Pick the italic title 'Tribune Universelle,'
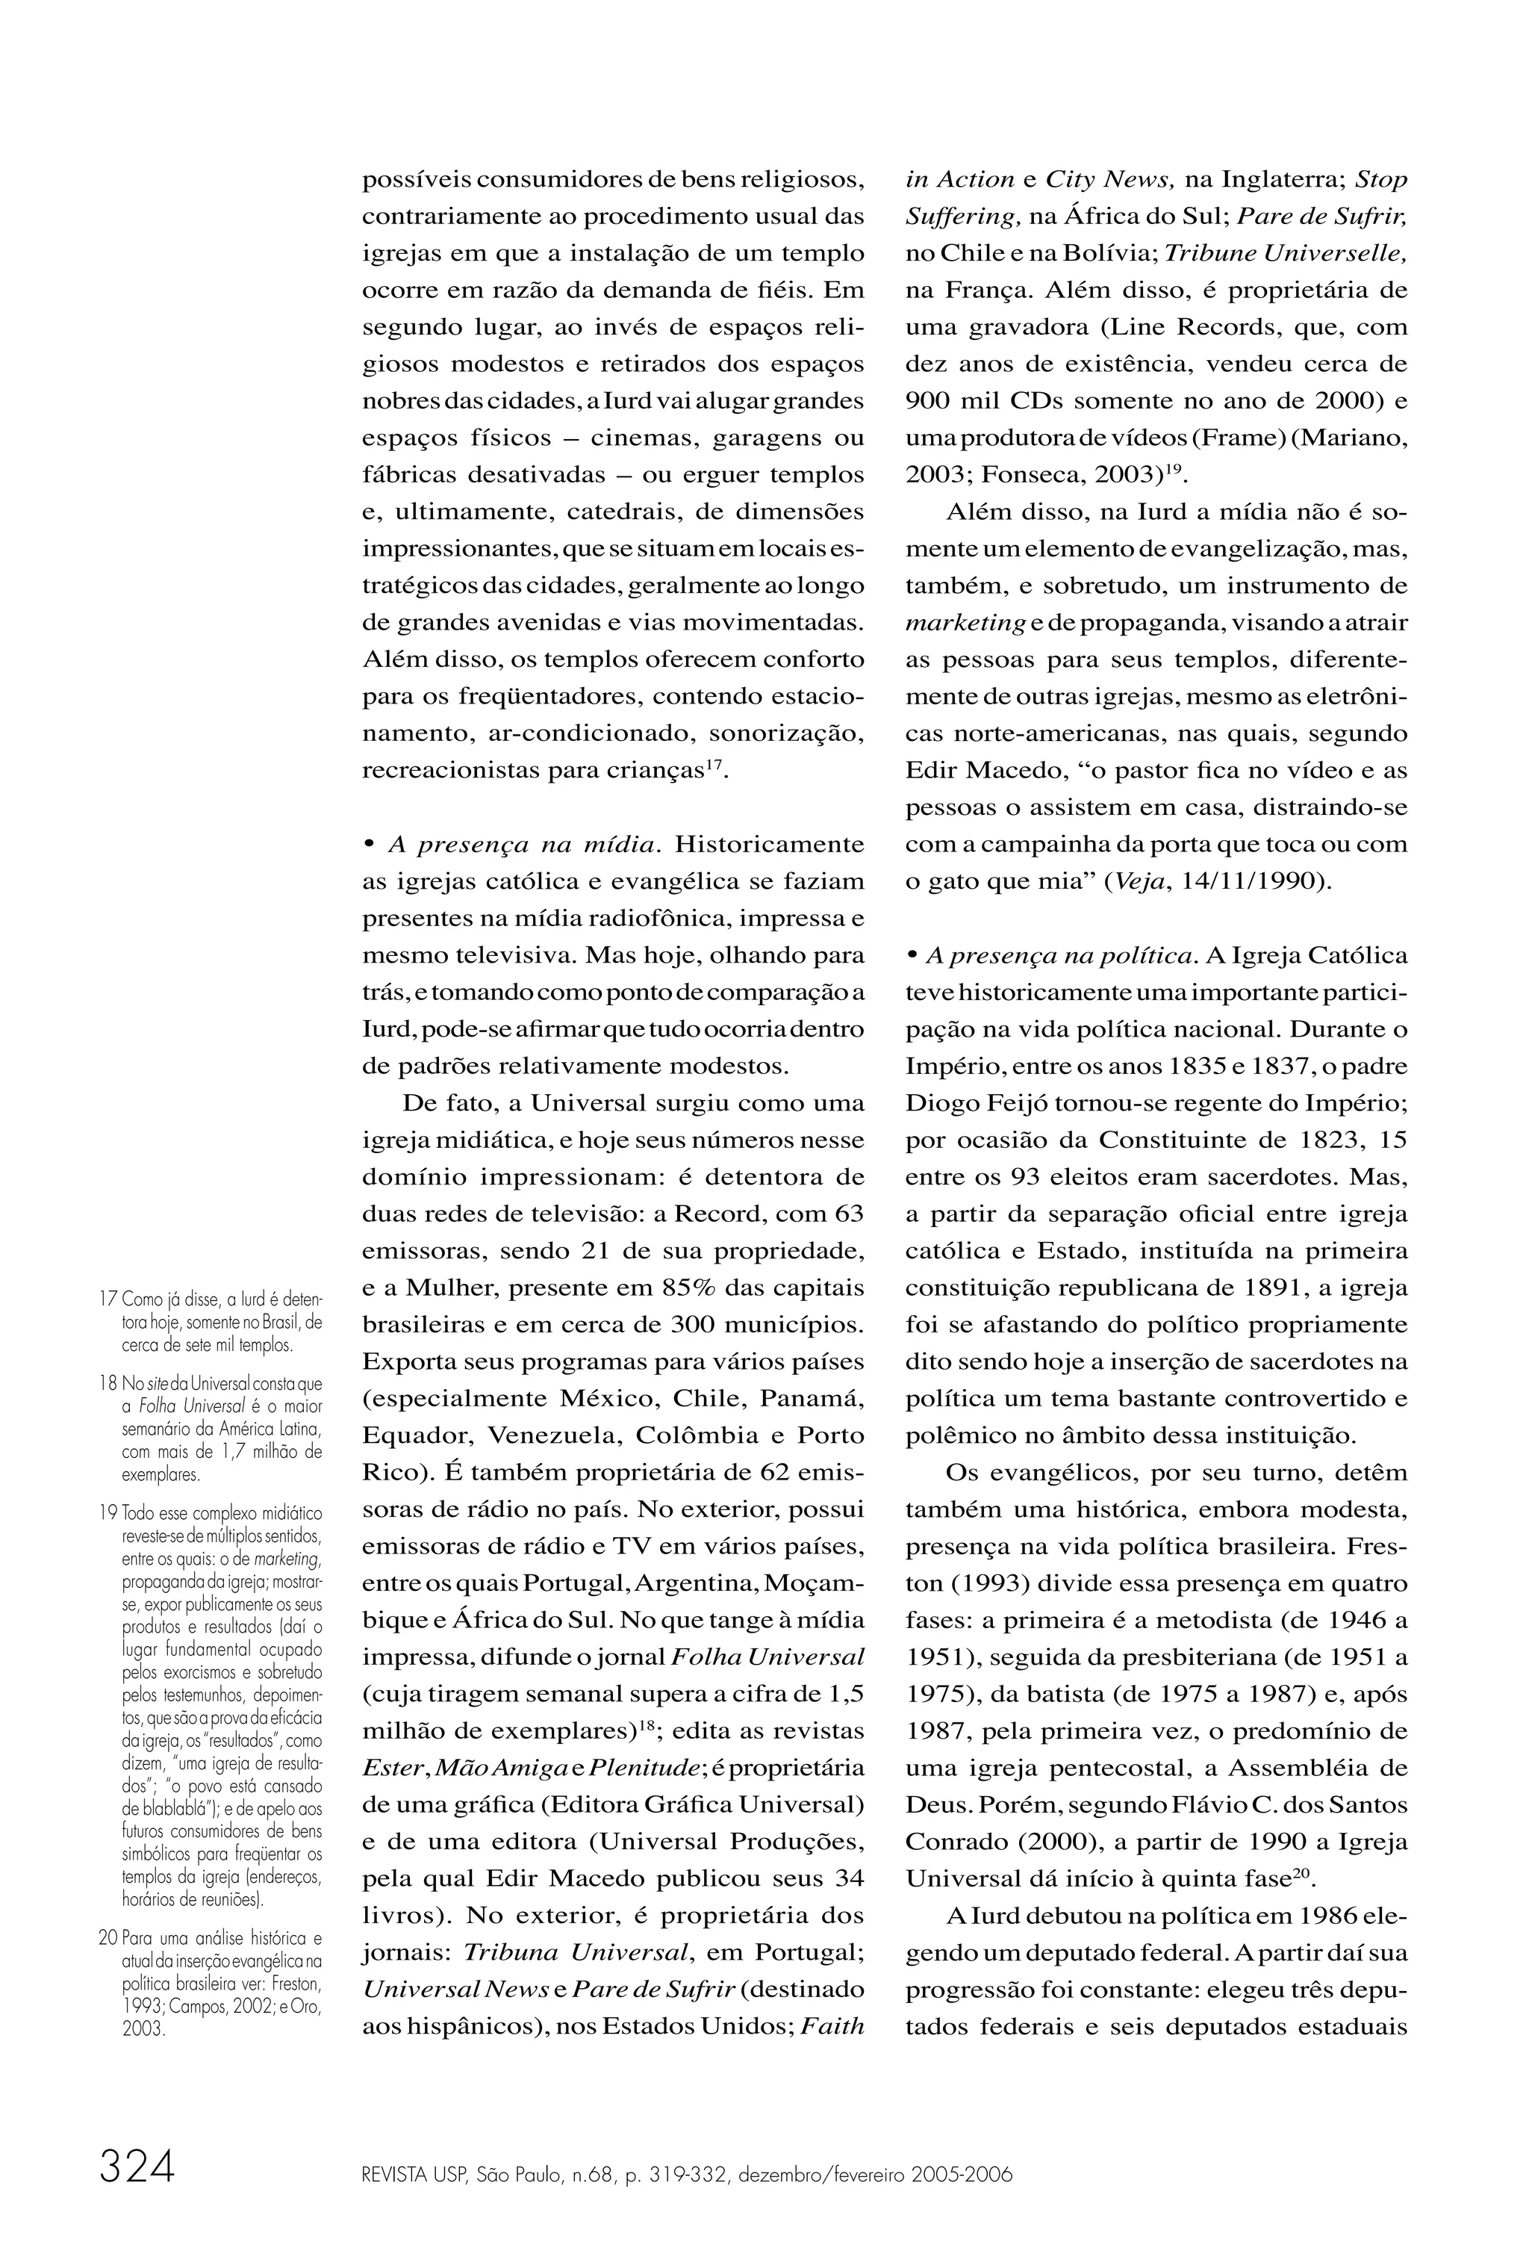pos(1285,254)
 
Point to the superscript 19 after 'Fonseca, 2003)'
pos(1175,470)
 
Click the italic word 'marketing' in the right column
pos(965,624)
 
